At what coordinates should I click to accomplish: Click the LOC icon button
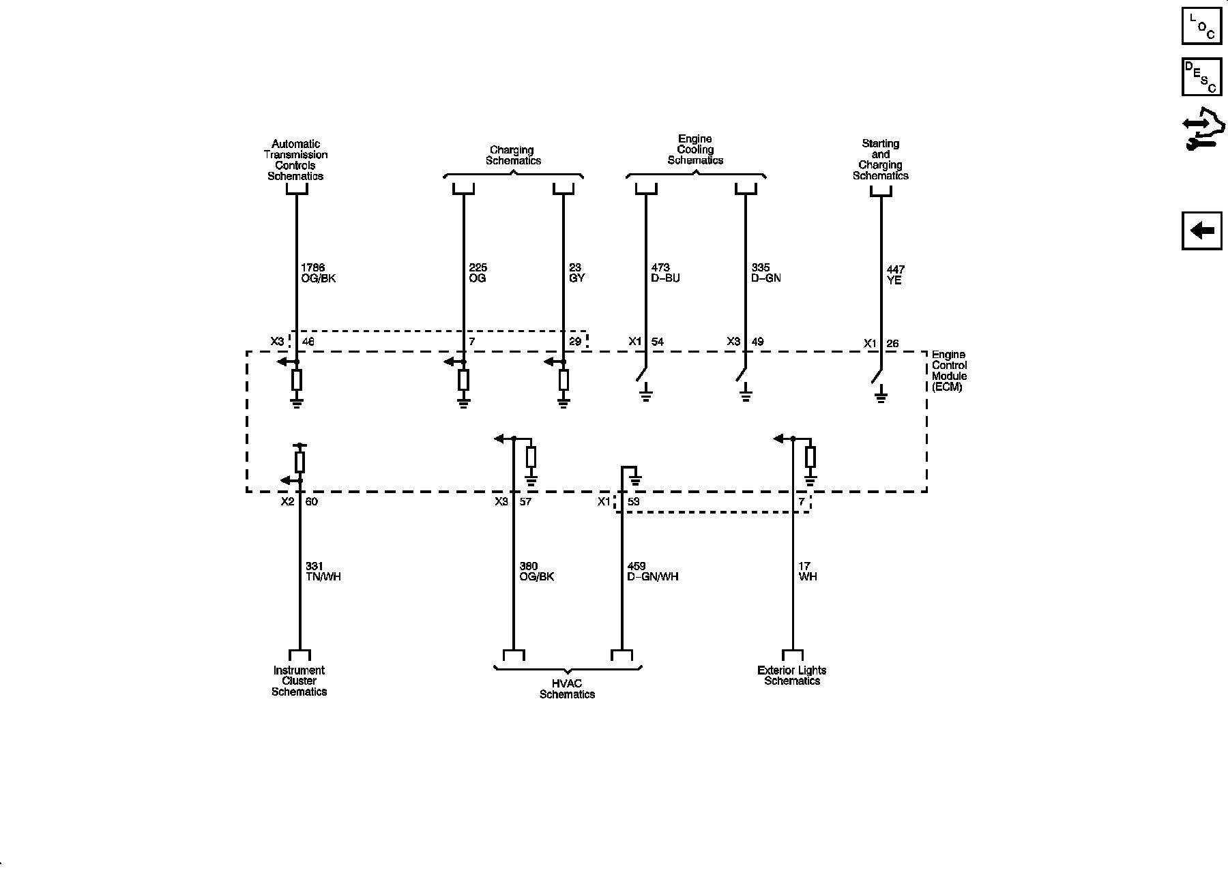1201,27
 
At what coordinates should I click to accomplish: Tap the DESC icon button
1201,77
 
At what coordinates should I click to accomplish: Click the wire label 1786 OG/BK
318,273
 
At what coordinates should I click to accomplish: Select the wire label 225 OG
478,273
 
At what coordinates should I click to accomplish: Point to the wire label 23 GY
576,273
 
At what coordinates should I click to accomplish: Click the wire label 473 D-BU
665,273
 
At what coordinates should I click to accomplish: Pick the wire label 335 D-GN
765,273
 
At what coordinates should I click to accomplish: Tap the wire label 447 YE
895,275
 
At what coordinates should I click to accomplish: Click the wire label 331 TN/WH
323,572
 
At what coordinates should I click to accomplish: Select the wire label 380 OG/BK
536,572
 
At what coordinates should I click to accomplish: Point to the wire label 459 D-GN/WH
652,572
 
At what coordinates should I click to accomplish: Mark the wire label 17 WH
807,572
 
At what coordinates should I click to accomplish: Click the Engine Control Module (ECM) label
949,371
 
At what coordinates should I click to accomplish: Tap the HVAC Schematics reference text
567,690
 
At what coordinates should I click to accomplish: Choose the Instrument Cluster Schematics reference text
299,681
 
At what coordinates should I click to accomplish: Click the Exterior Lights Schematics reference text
791,675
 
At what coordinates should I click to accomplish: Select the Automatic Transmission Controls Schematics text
295,160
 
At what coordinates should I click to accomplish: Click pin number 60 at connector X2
311,502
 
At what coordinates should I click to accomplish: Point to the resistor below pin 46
297,381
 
